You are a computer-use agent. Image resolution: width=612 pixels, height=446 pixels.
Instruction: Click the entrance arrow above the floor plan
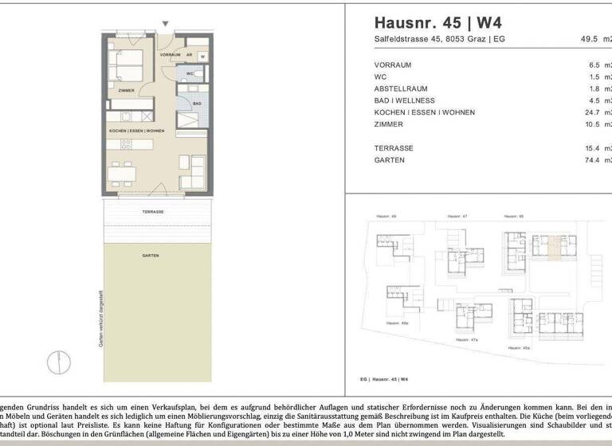tap(165, 24)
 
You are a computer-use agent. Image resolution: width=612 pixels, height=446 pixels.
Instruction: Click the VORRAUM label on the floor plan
tap(171, 55)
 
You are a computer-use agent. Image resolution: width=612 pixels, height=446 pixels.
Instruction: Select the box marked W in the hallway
tap(202, 57)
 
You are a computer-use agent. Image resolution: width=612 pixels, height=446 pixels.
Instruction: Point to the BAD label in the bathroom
tap(196, 104)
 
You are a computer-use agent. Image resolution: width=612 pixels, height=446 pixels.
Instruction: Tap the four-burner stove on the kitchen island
tap(125, 144)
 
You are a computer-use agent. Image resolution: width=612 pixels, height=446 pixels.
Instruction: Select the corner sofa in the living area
tap(194, 171)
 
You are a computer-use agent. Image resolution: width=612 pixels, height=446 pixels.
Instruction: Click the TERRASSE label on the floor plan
tap(153, 212)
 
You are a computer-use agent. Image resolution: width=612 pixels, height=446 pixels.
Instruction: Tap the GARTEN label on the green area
tap(151, 255)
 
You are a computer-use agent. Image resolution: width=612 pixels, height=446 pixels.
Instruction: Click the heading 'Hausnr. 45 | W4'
tap(438, 22)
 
